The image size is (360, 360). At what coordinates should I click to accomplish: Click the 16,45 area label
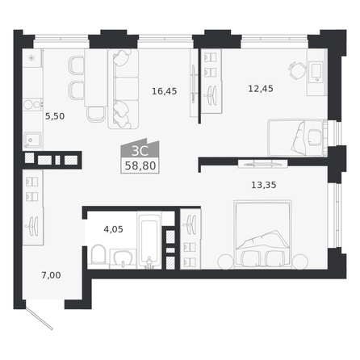[165, 91]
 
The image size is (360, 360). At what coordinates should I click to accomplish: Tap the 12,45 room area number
[261, 89]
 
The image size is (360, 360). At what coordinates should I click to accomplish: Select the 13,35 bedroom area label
[264, 185]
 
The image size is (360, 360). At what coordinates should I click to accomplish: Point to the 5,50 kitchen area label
[55, 116]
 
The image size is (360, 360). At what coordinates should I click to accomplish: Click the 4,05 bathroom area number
[113, 229]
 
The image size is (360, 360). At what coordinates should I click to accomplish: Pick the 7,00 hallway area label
[51, 275]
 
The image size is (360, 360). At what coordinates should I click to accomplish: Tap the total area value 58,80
[140, 165]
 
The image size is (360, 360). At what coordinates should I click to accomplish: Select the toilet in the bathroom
[98, 254]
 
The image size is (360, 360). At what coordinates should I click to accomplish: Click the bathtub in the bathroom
[149, 240]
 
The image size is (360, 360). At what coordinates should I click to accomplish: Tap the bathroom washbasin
[123, 257]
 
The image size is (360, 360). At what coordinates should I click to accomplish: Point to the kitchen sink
[32, 140]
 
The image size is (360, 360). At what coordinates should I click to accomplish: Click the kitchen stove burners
[32, 104]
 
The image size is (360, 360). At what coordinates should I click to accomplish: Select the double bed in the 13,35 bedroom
[262, 234]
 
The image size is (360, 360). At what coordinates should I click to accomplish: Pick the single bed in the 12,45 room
[296, 137]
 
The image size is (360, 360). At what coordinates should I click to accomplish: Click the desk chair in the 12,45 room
[297, 70]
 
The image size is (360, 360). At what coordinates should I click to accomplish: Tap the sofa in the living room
[123, 89]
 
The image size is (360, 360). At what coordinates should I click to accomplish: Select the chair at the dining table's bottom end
[95, 115]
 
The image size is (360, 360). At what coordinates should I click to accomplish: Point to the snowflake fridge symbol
[31, 58]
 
